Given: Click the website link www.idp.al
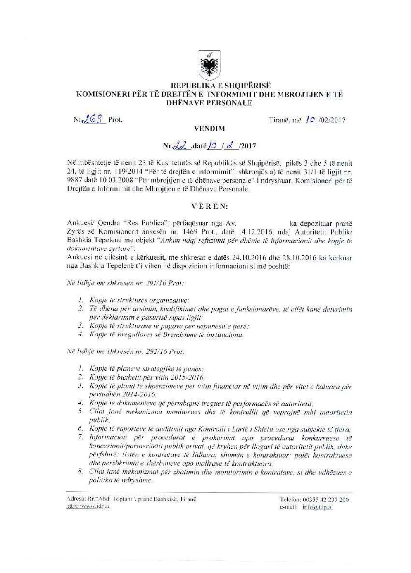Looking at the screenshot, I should point(88,506).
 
